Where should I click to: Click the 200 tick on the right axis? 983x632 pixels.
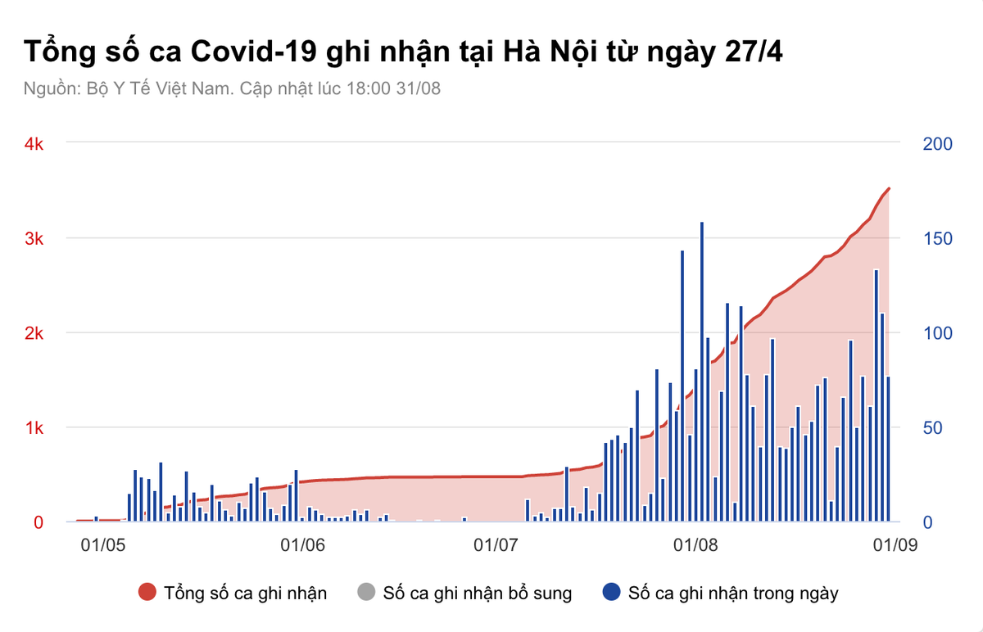click(937, 144)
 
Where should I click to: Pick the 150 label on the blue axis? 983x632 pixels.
click(937, 238)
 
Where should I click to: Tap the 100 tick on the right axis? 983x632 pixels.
click(937, 333)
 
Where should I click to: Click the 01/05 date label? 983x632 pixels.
click(103, 544)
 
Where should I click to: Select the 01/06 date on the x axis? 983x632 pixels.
click(302, 544)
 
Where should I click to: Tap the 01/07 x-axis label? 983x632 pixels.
click(495, 544)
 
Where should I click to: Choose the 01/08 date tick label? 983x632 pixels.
click(694, 544)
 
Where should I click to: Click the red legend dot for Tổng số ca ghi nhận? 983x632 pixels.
click(147, 593)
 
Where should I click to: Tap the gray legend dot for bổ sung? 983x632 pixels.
click(366, 593)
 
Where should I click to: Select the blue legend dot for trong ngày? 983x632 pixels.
click(611, 593)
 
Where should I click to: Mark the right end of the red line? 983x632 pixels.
click(890, 188)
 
